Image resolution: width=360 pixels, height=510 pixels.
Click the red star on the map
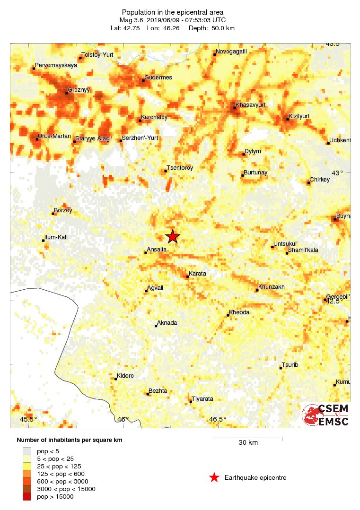tap(173, 236)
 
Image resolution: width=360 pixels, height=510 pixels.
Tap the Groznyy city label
tap(79, 89)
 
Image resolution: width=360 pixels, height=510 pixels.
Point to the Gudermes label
tap(158, 77)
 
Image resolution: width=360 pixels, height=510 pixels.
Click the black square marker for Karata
tap(188, 277)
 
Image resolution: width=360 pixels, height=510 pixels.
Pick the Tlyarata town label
tap(202, 398)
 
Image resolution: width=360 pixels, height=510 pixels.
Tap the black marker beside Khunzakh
tap(257, 290)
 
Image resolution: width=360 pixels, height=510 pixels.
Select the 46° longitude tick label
tap(123, 419)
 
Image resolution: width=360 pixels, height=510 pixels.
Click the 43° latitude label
tap(337, 173)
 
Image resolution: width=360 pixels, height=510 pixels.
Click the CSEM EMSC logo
tap(325, 415)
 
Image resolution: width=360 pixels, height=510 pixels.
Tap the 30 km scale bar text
tap(248, 443)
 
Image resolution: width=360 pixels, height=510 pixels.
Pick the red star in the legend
tap(214, 477)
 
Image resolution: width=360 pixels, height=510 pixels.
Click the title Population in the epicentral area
tap(173, 12)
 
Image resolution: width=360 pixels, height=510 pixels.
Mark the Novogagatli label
tap(231, 52)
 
